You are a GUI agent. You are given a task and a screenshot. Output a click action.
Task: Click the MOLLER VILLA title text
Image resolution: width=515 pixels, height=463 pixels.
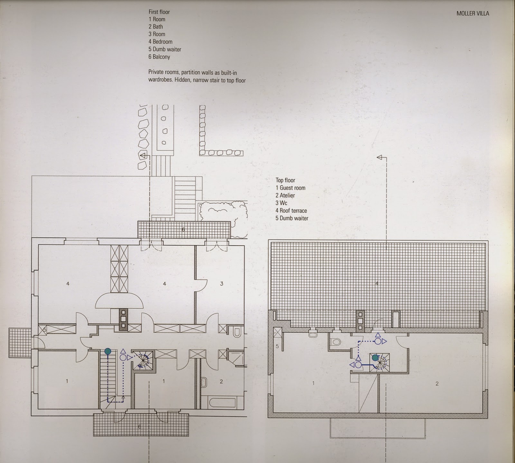[473, 14]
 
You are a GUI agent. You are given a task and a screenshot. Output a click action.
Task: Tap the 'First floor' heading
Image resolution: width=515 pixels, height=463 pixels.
[159, 12]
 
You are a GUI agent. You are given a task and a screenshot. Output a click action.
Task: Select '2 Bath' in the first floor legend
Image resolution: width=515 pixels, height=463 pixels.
[156, 27]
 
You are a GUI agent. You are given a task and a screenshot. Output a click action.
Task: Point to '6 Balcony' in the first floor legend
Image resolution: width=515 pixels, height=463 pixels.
[159, 57]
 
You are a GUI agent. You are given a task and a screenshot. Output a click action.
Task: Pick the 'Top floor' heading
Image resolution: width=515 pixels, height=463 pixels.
[285, 180]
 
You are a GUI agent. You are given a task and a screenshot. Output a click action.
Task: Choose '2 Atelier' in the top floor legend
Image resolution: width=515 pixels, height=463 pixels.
[285, 195]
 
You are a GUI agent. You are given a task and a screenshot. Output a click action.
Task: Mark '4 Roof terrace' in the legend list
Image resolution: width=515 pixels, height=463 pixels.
[291, 211]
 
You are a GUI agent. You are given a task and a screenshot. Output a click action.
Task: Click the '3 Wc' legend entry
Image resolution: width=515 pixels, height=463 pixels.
[281, 203]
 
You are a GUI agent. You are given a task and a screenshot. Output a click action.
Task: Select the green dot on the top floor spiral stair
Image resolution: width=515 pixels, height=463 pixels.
[375, 357]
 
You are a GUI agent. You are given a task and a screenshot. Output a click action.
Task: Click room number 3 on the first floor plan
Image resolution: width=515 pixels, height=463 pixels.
[221, 284]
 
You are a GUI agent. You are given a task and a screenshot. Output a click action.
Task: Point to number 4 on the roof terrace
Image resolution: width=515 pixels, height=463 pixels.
[377, 283]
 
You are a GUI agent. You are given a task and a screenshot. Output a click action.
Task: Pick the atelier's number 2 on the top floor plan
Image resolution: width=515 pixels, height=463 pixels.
[437, 384]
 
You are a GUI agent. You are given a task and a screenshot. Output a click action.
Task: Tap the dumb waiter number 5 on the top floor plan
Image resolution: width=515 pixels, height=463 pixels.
[277, 346]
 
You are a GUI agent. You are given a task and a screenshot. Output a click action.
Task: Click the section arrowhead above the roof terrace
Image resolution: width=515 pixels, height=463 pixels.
[380, 157]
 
